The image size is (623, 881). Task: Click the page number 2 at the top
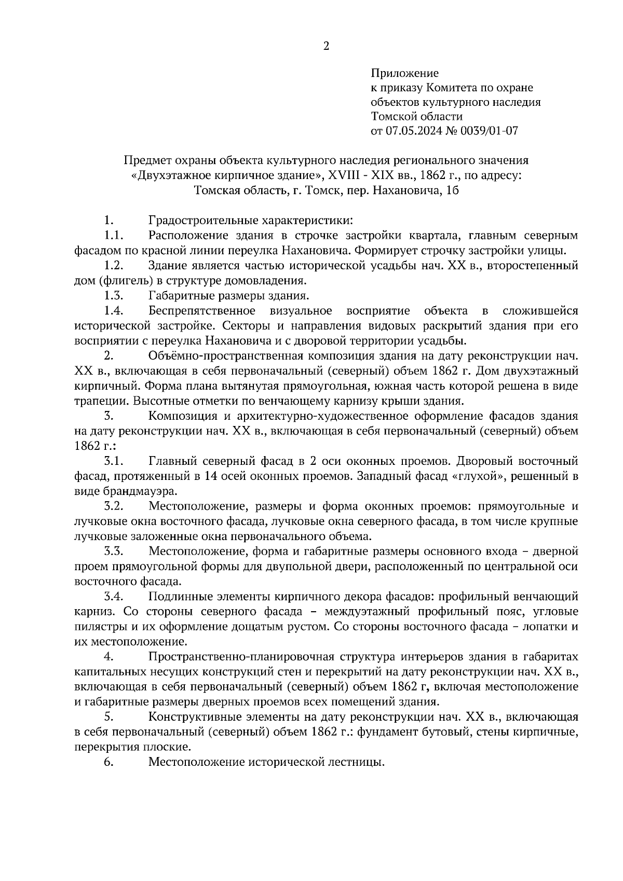coord(326,46)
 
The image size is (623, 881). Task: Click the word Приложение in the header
coord(404,73)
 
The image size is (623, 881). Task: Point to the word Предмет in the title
coord(147,161)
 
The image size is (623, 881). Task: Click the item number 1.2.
coord(113,266)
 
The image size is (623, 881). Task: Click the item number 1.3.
coord(113,296)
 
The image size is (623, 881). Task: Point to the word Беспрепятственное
coord(201,311)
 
